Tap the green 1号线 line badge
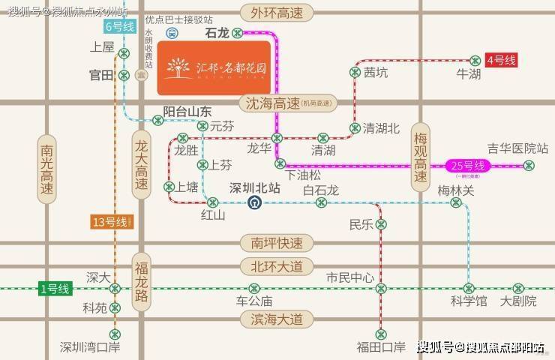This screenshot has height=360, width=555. pos(54,288)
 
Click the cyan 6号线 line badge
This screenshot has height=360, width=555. pos(119,27)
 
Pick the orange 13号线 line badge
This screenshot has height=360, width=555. pos(112,222)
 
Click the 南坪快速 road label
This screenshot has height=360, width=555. pos(277,243)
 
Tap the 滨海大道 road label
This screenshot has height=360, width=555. pos(277,319)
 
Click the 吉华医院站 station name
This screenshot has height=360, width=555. pos(517,148)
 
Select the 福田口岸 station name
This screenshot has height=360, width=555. pos(381,346)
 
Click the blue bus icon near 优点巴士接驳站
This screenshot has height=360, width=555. pos(171,34)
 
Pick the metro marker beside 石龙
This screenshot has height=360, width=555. pos(237,33)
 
